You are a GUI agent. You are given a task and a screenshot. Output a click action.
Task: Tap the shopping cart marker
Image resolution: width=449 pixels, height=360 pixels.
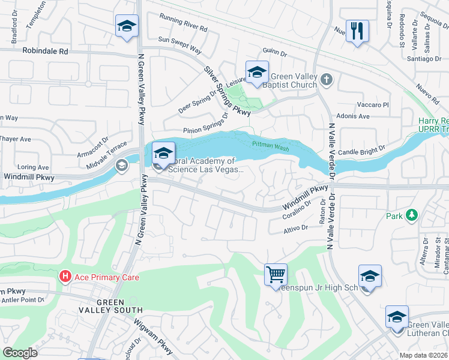point(276,275)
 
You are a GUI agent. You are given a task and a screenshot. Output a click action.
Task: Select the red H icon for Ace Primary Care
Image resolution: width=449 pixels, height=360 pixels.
point(65,277)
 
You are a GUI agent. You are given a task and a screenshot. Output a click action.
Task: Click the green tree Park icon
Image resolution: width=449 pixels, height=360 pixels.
point(411,215)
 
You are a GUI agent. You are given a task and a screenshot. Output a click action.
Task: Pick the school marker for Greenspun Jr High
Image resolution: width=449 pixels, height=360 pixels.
point(370,276)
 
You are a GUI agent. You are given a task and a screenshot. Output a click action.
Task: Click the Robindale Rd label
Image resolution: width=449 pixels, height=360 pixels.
point(46,52)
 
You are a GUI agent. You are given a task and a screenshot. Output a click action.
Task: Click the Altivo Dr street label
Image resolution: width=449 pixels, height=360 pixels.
point(295,228)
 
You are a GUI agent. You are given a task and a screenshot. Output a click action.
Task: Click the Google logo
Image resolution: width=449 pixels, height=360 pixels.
point(20,353)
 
